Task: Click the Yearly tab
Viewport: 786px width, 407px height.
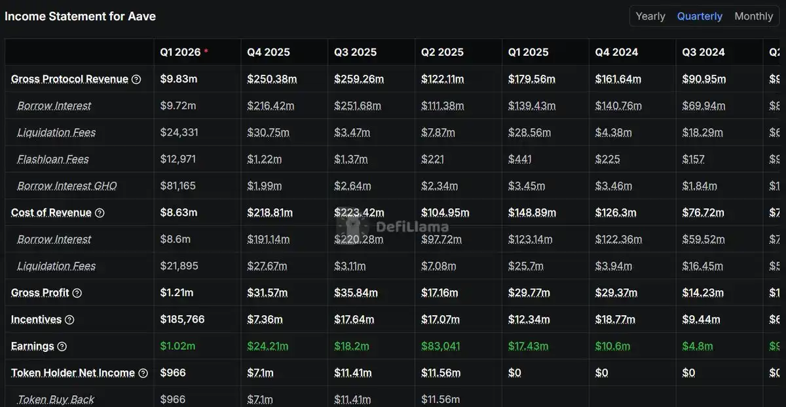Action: pos(650,16)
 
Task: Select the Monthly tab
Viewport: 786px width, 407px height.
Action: pos(753,16)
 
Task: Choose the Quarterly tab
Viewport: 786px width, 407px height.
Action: pos(700,16)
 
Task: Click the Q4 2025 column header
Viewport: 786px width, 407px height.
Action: pos(269,52)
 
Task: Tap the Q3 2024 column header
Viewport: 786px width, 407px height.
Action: pos(703,52)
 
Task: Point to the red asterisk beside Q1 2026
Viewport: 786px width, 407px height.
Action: pos(206,51)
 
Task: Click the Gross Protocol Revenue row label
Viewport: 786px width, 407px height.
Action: pos(69,79)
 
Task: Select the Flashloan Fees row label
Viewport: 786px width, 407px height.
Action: pos(53,159)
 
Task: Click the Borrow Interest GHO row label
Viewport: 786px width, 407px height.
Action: pos(67,186)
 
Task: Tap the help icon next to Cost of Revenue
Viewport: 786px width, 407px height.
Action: pos(100,213)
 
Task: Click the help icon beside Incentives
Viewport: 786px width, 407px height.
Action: pos(69,320)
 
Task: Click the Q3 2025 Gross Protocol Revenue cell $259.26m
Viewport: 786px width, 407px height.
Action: pos(359,79)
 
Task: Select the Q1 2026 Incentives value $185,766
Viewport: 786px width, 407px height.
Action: pos(182,320)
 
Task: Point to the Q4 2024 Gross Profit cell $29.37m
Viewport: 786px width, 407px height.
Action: pos(616,293)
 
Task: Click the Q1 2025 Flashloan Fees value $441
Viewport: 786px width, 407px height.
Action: pos(520,159)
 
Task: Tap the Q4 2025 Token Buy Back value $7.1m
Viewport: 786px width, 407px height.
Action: pos(260,399)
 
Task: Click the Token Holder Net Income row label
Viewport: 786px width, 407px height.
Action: pos(73,373)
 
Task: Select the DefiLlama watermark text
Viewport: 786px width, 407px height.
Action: pos(412,227)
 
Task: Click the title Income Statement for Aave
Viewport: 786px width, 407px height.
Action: pos(80,16)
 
